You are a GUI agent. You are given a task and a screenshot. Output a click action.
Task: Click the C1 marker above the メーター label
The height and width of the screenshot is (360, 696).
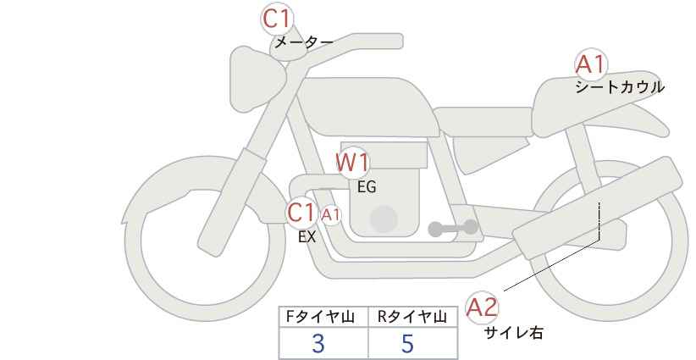[277, 19]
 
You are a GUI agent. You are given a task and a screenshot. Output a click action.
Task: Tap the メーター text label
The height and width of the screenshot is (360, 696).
[304, 42]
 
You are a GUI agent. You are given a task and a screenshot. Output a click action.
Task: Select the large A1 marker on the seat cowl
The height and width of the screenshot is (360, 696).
[591, 64]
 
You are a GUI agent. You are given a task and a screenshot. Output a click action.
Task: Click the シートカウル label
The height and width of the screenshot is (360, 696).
[620, 87]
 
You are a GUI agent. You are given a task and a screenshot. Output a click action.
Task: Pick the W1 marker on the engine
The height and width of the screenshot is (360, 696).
[352, 163]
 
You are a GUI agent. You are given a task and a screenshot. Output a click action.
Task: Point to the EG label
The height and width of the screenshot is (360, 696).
[367, 187]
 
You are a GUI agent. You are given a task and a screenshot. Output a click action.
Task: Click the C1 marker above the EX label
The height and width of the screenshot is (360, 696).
[301, 213]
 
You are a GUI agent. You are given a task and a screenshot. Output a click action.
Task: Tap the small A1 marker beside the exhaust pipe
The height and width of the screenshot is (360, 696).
[331, 215]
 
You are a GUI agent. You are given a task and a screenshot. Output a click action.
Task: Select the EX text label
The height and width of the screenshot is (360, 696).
[307, 237]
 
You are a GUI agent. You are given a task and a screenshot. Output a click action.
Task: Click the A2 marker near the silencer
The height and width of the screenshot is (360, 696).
[482, 307]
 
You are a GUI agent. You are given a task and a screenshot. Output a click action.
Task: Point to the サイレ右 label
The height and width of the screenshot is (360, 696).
[514, 333]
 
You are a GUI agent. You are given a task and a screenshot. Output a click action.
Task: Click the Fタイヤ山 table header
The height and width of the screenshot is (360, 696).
[320, 317]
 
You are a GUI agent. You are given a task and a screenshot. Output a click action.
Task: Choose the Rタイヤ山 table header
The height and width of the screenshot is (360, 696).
[412, 317]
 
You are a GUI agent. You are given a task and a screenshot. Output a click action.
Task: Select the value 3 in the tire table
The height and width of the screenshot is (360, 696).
[318, 344]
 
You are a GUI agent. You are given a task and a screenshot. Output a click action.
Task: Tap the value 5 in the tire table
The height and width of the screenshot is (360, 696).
[407, 344]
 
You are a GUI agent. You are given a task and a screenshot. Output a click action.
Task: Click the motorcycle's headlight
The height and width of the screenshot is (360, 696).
[255, 79]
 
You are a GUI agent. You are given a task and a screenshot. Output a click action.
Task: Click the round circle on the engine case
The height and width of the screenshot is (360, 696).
[384, 219]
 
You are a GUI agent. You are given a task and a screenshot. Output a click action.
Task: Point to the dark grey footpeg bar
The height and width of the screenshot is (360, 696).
[453, 228]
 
